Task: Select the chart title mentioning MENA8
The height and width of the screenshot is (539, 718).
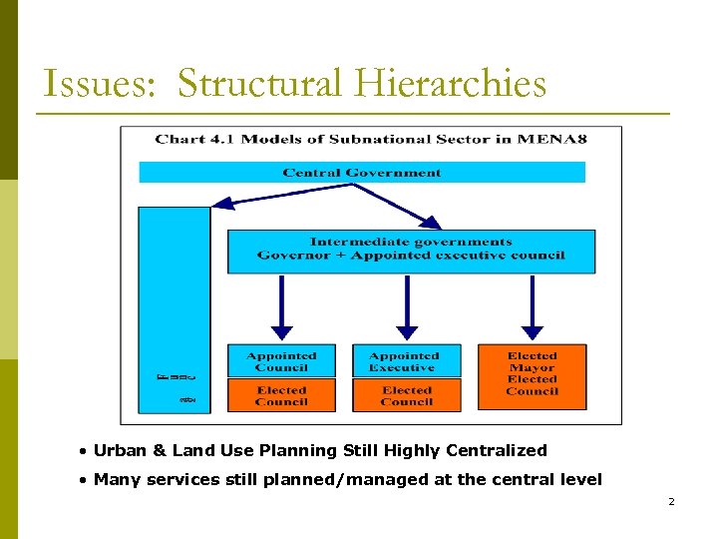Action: [371, 138]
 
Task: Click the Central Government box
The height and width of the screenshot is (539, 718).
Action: [362, 173]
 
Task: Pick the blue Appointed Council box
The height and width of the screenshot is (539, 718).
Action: [281, 360]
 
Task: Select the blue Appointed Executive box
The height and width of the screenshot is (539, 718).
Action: [406, 360]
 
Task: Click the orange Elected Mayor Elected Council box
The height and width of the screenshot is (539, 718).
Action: [532, 376]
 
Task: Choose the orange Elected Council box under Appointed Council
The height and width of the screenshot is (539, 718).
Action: [281, 395]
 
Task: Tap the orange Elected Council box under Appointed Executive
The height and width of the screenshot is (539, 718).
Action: [406, 395]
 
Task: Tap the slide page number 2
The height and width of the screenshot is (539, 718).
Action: [671, 501]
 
